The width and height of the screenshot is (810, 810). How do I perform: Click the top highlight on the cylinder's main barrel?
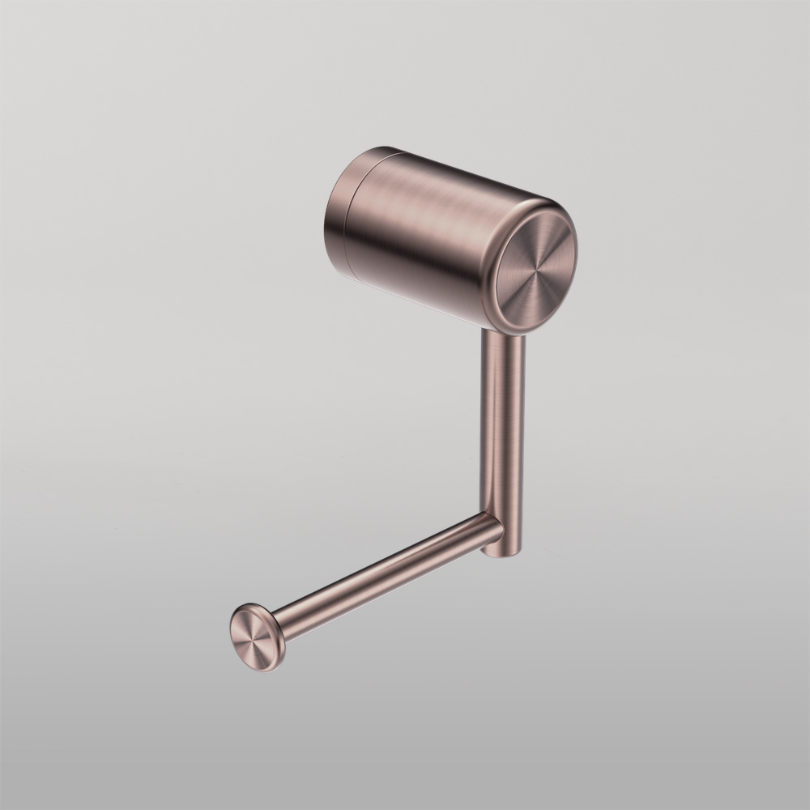(x=454, y=174)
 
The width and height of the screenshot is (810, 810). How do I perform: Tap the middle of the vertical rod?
(x=503, y=429)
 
